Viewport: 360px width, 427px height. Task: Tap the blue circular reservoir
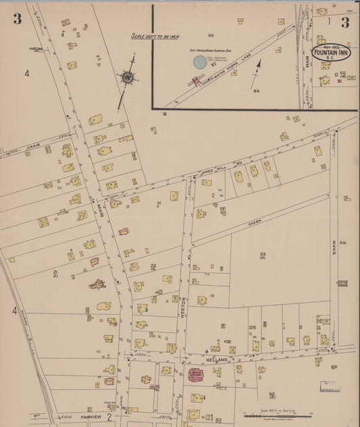199,62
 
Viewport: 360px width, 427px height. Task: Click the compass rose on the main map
127,76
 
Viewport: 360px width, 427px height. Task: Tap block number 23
262,254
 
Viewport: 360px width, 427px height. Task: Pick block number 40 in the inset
211,34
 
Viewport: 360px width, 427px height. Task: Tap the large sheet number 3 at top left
17,19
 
